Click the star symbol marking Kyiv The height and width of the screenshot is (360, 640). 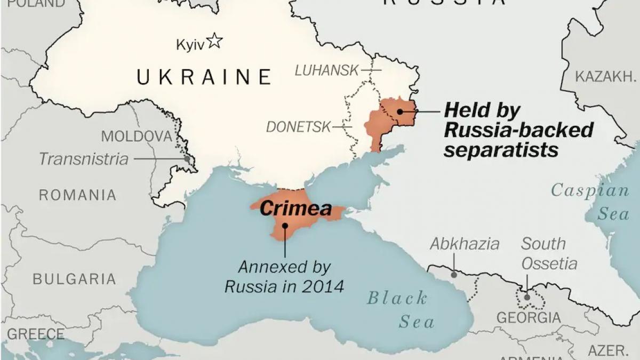pyautogui.click(x=214, y=41)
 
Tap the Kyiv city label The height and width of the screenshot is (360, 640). pyautogui.click(x=190, y=45)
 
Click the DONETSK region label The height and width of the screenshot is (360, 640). pyautogui.click(x=298, y=127)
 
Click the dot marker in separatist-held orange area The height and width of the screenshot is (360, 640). pyautogui.click(x=399, y=112)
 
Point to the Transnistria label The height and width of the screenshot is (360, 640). pyautogui.click(x=84, y=159)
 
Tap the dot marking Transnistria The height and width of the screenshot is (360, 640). pyautogui.click(x=187, y=158)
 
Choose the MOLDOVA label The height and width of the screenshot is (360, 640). pyautogui.click(x=137, y=136)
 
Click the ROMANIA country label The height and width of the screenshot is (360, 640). pyautogui.click(x=77, y=195)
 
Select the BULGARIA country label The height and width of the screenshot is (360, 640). pyautogui.click(x=74, y=278)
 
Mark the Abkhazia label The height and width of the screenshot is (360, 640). pyautogui.click(x=465, y=244)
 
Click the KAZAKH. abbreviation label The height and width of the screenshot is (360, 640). pyautogui.click(x=606, y=77)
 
